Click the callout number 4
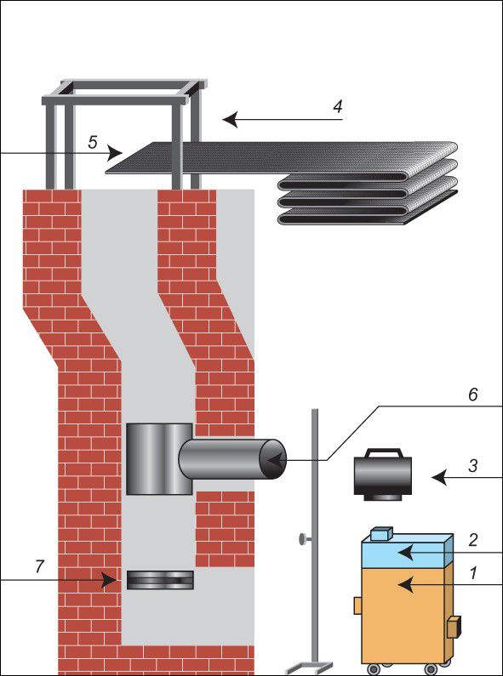(338, 106)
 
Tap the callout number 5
(93, 142)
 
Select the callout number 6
(473, 395)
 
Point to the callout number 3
(473, 466)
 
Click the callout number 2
(473, 540)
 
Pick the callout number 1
(473, 573)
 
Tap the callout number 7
(40, 567)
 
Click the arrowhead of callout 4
(230, 120)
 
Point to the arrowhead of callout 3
(438, 478)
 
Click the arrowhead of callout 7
(109, 580)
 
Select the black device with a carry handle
(383, 474)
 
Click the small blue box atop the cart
(382, 533)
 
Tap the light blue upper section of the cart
(407, 550)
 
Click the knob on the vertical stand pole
(303, 539)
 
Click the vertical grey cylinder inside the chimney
(159, 458)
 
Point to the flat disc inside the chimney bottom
(160, 580)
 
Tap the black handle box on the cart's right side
(454, 628)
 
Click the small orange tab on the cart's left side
(357, 605)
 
